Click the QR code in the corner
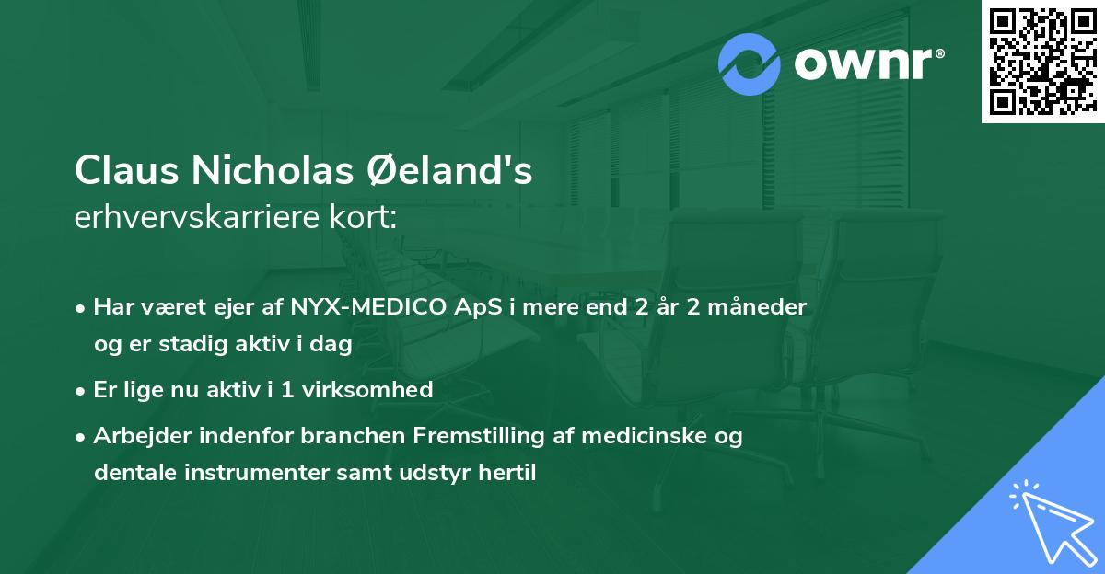pos(1042,62)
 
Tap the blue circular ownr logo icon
pos(750,64)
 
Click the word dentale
pos(129,473)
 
